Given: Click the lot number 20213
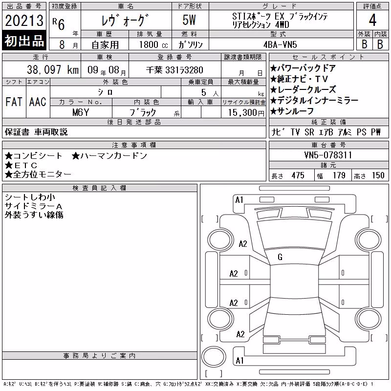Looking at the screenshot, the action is click(24, 21).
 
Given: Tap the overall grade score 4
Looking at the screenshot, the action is click(372, 20).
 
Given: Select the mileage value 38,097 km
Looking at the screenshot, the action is click(53, 70).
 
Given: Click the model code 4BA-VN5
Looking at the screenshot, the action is click(280, 44).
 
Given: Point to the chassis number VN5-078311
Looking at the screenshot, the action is click(328, 155).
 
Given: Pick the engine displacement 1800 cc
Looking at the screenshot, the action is click(153, 44).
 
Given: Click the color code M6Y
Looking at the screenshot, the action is click(81, 112).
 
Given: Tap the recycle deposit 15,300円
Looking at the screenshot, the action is click(246, 113).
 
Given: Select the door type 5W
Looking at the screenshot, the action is click(189, 20).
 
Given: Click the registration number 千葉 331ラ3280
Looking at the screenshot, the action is click(174, 70).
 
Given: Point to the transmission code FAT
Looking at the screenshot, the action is click(14, 102).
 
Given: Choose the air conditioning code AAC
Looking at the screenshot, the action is click(38, 102).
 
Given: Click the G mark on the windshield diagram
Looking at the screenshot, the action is click(280, 257).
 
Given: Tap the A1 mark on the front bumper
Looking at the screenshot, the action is click(239, 200).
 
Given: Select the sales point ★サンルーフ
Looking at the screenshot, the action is click(292, 111).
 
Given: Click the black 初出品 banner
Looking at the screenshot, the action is click(24, 41).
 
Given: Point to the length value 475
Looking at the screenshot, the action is click(298, 175).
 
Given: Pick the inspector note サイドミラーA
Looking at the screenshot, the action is click(33, 206).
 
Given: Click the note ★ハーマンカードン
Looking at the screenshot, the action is click(109, 156).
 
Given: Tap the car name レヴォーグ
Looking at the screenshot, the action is click(125, 21).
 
